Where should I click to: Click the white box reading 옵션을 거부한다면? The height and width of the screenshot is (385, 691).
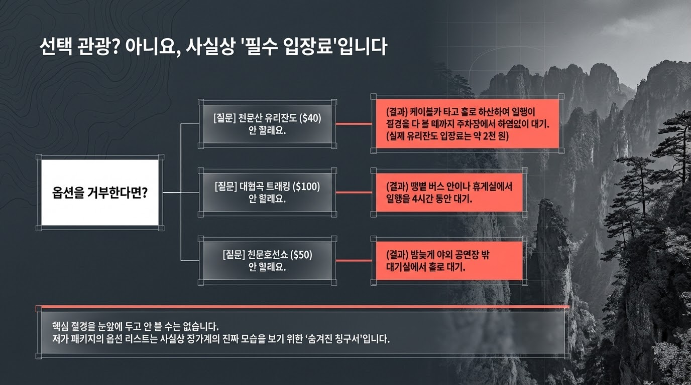pos(99,193)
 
